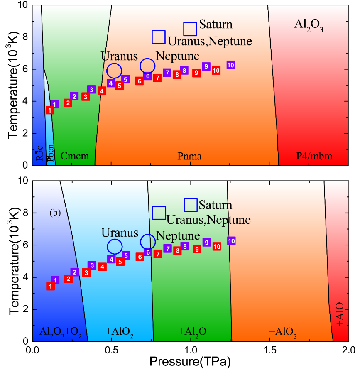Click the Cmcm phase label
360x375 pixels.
click(75, 156)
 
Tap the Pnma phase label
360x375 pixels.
click(190, 156)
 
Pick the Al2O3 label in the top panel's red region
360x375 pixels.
click(309, 26)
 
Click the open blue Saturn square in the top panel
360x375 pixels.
click(190, 29)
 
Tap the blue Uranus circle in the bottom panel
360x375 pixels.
click(115, 246)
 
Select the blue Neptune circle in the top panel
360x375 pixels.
click(147, 66)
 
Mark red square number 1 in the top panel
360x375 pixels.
click(50, 110)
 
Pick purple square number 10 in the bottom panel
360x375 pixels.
click(231, 241)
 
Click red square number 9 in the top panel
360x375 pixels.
click(197, 73)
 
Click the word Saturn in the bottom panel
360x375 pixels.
click(215, 205)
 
